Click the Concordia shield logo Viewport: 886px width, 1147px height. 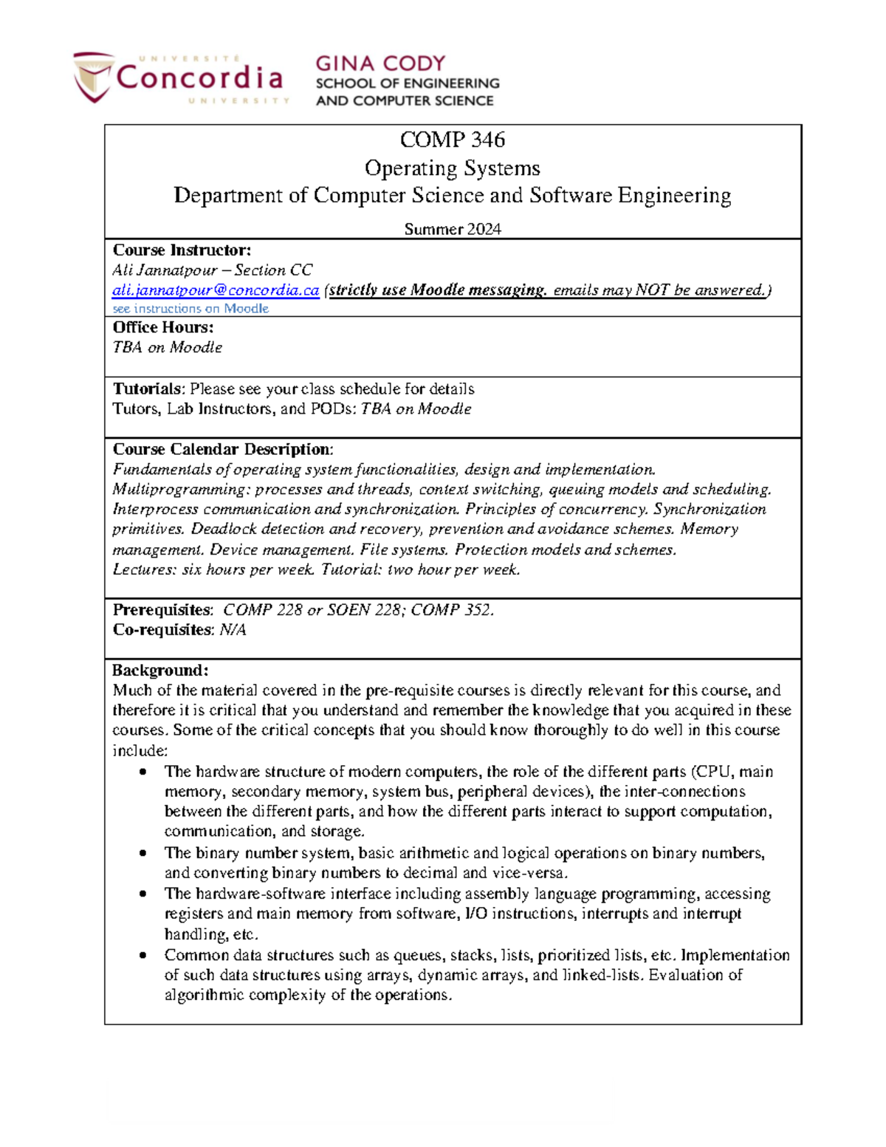coord(93,77)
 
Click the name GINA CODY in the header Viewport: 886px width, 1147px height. coord(380,64)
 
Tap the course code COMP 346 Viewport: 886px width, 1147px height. coord(452,140)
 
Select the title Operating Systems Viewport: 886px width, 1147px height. coord(452,168)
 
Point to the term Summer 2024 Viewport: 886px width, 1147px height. coord(452,229)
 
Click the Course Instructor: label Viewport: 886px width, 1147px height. coord(182,250)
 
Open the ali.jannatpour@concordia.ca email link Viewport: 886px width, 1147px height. coord(215,290)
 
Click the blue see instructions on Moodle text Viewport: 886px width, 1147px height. coord(190,309)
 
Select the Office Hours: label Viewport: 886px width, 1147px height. coord(162,327)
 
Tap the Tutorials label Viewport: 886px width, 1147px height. coord(147,389)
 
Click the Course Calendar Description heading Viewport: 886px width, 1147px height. coord(222,449)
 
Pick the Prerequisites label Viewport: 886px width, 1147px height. coord(162,610)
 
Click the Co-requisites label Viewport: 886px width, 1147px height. coord(162,630)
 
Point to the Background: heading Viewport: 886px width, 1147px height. coord(160,671)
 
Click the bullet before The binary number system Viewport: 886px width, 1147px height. coord(142,854)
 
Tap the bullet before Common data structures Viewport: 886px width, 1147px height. coord(142,956)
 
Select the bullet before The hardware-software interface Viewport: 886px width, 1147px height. coord(142,894)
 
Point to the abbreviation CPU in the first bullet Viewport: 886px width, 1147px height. coord(714,772)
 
